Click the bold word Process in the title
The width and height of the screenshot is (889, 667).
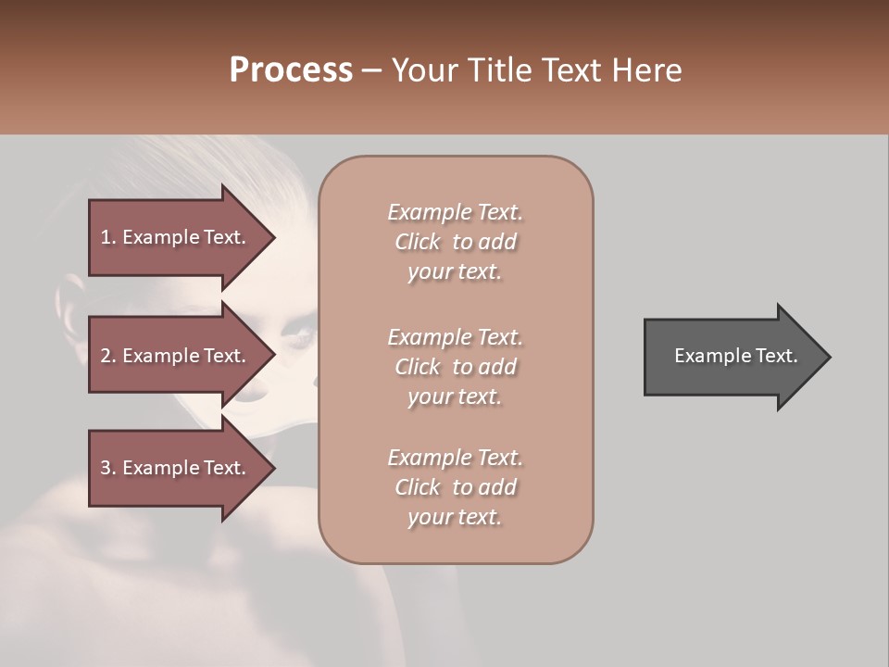[x=291, y=70]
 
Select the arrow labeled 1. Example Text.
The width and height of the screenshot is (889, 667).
[x=176, y=237]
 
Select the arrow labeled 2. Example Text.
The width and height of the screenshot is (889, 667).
[x=176, y=356]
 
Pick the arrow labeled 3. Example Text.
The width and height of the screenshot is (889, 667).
[x=176, y=468]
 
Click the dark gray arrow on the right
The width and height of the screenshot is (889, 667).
[x=732, y=357]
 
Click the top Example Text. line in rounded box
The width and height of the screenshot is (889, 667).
[x=455, y=212]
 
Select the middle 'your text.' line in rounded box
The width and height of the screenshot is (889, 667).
[x=455, y=396]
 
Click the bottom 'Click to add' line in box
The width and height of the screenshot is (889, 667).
[x=455, y=487]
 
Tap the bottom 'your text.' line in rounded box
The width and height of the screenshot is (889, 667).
[x=455, y=517]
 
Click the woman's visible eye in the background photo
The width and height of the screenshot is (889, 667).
[x=298, y=329]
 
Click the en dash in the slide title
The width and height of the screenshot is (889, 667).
[x=372, y=70]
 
